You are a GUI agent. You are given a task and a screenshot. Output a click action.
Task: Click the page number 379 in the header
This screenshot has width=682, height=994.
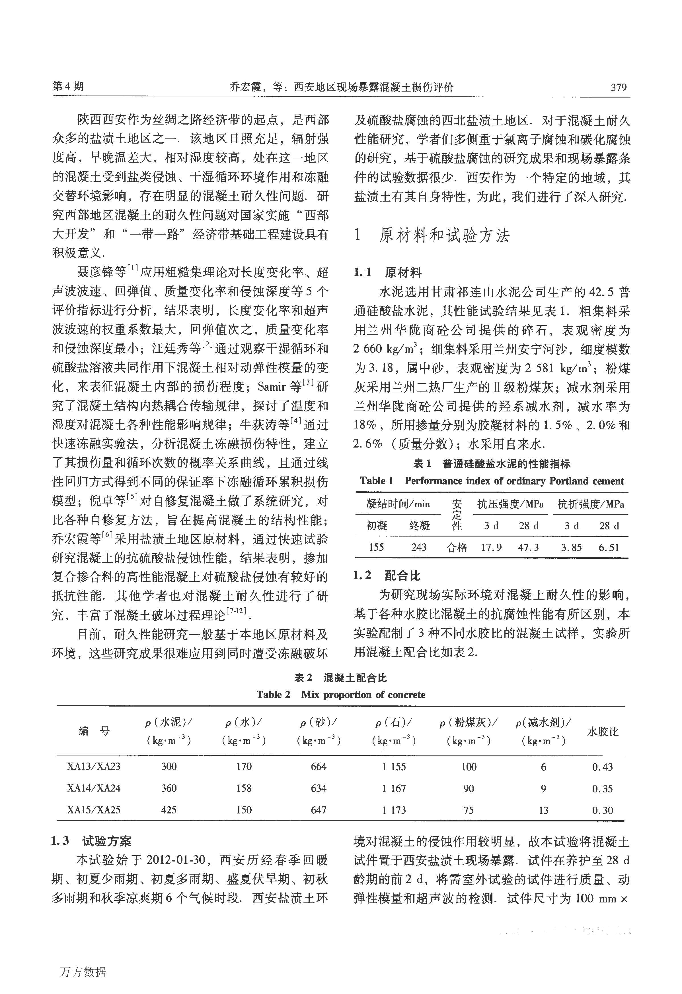click(x=618, y=87)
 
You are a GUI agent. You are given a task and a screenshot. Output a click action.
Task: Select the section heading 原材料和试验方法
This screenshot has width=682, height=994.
click(x=444, y=236)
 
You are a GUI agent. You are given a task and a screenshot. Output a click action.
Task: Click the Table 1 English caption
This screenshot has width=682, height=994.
click(x=492, y=481)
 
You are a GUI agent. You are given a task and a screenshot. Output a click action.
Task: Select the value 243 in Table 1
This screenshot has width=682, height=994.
click(x=419, y=547)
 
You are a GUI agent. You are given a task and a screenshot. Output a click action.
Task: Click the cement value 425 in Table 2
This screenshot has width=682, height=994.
click(x=169, y=810)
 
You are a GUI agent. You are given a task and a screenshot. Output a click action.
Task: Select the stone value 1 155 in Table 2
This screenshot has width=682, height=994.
click(x=394, y=767)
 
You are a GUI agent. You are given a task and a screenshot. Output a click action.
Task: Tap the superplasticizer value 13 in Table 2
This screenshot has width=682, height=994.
click(x=543, y=810)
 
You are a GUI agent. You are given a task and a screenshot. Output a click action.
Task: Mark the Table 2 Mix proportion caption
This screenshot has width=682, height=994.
click(x=341, y=694)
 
